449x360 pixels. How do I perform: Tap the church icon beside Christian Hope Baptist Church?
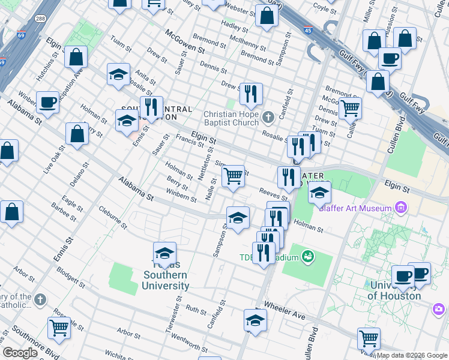[x=268, y=116]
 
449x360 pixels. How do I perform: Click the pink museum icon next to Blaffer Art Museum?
[x=401, y=208]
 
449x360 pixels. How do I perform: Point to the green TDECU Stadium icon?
[x=308, y=257]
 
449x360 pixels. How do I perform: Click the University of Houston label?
[x=394, y=290]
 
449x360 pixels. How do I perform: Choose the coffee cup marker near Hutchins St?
[x=47, y=103]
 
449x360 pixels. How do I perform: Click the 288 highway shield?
[x=41, y=19]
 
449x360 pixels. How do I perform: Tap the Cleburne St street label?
[x=113, y=218]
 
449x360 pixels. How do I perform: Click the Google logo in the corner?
[x=20, y=353]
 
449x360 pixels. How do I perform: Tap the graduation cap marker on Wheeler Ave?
[x=255, y=322]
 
